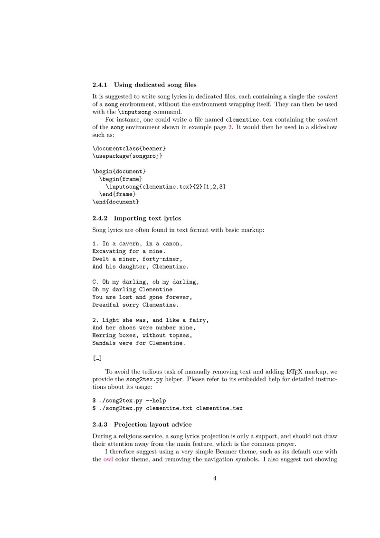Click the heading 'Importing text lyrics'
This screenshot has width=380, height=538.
147,218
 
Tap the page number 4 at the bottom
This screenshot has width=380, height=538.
215,479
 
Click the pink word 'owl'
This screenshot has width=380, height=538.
108,460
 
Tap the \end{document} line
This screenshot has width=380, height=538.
115,202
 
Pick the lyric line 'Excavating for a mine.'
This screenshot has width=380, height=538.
129,251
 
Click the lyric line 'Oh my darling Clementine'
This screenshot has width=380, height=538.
132,289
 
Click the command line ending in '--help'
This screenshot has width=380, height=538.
129,401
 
